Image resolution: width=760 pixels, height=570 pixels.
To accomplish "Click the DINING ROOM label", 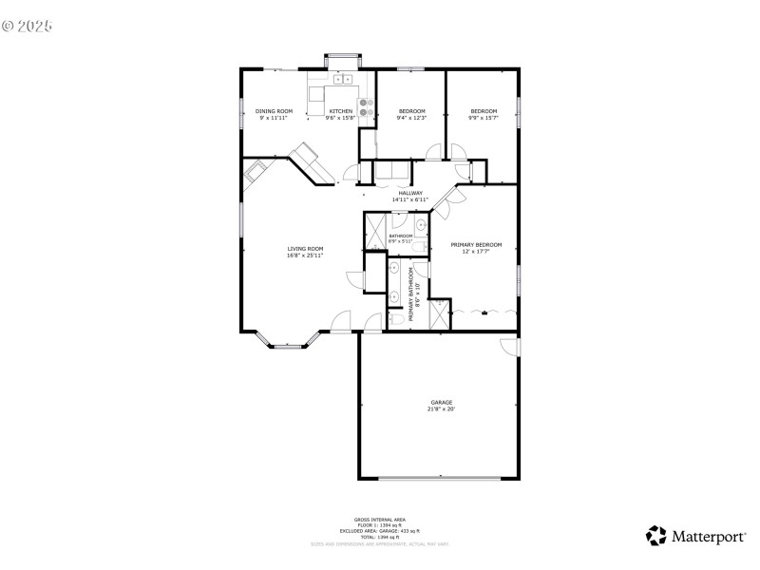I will tap(274, 111).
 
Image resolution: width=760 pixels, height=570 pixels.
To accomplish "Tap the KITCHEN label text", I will tap(340, 111).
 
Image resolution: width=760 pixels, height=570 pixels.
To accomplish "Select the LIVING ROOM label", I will tap(305, 250).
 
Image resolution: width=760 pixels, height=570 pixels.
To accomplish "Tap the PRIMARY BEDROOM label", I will tap(476, 244).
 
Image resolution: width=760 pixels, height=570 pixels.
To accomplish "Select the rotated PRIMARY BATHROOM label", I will tap(411, 294).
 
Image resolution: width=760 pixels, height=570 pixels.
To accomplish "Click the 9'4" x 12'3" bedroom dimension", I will tap(411, 118).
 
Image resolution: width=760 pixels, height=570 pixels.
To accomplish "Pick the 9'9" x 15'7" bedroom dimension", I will tap(484, 118).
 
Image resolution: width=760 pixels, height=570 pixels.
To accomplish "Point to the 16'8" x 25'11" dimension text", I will tap(305, 256).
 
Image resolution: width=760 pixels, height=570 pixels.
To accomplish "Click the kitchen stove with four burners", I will tap(365, 105).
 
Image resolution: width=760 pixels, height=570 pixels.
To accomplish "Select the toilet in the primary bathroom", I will tap(393, 321).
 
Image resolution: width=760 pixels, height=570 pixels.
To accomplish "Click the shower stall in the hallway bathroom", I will tap(373, 229).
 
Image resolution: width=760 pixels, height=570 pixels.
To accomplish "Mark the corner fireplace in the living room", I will tap(255, 172).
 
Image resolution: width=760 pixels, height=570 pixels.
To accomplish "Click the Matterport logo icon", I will tap(655, 536).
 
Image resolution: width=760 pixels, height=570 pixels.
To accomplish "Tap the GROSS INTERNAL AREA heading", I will tap(379, 519).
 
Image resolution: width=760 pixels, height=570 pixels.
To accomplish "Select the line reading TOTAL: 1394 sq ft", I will tap(379, 537).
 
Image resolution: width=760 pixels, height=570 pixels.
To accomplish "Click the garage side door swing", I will tap(511, 347).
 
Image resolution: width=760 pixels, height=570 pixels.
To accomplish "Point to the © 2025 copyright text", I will tap(27, 26).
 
